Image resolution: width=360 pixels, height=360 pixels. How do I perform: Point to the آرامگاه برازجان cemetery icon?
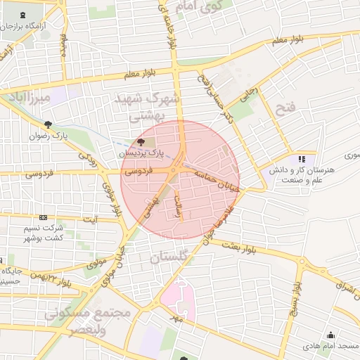click(x=26, y=15)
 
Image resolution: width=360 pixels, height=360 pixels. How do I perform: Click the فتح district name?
click(x=288, y=108)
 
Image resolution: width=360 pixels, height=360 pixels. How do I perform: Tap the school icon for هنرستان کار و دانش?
click(x=302, y=160)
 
